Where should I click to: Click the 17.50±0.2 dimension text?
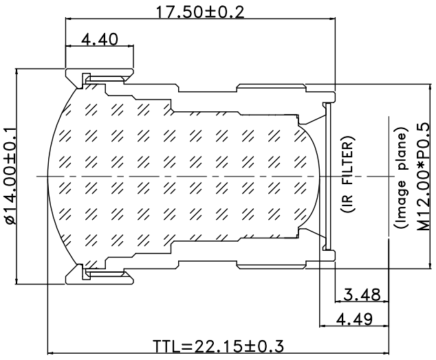pyautogui.click(x=200, y=12)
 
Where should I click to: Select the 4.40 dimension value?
pyautogui.click(x=100, y=39)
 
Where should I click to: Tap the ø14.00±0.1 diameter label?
pyautogui.click(x=10, y=176)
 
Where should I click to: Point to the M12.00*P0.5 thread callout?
pyautogui.click(x=423, y=177)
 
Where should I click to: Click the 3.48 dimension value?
pyautogui.click(x=362, y=295)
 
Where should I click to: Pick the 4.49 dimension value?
pyautogui.click(x=354, y=319)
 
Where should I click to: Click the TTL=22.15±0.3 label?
pyautogui.click(x=219, y=346)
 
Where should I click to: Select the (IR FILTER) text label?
pyautogui.click(x=347, y=175)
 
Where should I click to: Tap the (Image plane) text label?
pyautogui.click(x=401, y=178)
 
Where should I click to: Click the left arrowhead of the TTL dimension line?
pyautogui.click(x=51, y=354)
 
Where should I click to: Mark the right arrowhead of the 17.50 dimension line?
pyautogui.click(x=332, y=19)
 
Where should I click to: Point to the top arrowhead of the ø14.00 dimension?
pyautogui.click(x=17, y=71)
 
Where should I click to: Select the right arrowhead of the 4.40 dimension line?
pyautogui.click(x=131, y=46)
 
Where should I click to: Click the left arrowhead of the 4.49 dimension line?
pyautogui.click(x=323, y=326)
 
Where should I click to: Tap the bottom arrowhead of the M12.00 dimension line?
pyautogui.click(x=430, y=265)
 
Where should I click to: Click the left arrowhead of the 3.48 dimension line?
pyautogui.click(x=338, y=301)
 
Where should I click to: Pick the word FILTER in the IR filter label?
pyautogui.click(x=347, y=163)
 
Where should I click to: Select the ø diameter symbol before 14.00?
pyautogui.click(x=10, y=219)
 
